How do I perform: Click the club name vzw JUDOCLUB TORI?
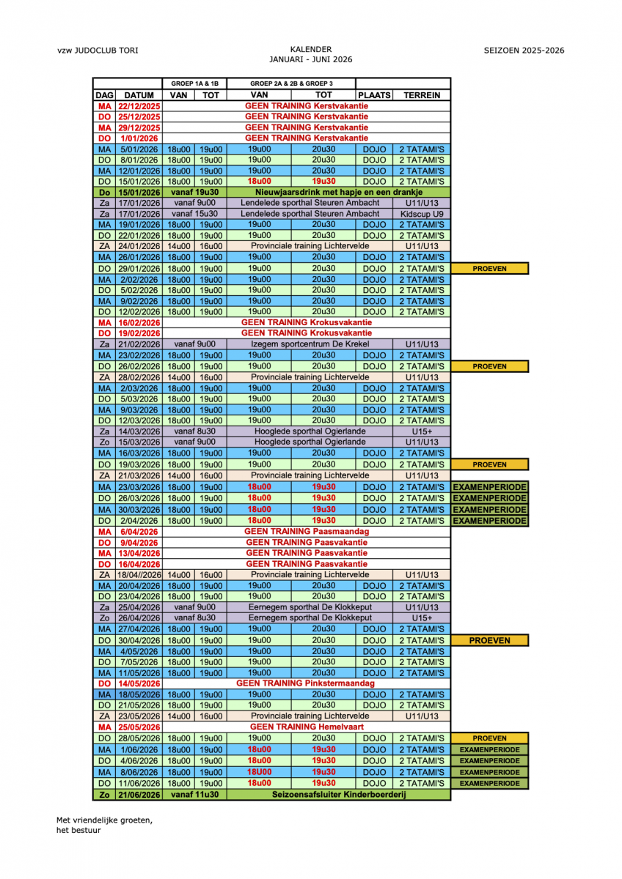(x=98, y=51)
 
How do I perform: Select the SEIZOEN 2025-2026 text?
(x=524, y=51)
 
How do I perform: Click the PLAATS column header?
(x=374, y=95)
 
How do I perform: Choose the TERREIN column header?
(x=422, y=95)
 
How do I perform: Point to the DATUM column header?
(x=139, y=95)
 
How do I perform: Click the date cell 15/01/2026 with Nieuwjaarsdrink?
(x=139, y=192)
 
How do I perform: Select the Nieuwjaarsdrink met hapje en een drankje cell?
(x=338, y=192)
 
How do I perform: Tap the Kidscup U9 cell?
(x=422, y=213)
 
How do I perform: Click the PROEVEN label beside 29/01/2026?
(x=490, y=269)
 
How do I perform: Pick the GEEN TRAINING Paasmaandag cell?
(x=307, y=532)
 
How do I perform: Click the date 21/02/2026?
(x=139, y=344)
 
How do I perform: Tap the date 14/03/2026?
(x=139, y=431)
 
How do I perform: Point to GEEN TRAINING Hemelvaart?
(x=307, y=727)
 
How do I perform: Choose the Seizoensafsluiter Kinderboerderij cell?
(x=338, y=795)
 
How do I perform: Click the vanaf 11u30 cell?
(x=194, y=795)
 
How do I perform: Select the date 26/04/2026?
(x=139, y=617)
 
